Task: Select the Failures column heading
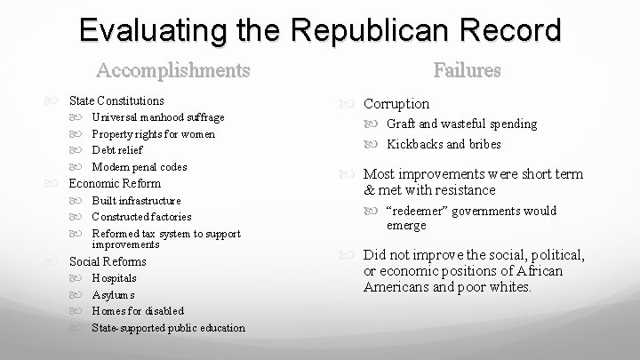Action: [467, 69]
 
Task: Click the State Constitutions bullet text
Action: [116, 101]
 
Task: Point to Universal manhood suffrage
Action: [157, 117]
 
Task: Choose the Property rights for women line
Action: [153, 134]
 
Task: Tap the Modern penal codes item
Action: [139, 167]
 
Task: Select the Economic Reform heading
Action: [115, 183]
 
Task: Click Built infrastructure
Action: [136, 201]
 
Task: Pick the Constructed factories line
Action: [141, 217]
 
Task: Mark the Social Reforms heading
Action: [108, 261]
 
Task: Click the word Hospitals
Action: [115, 278]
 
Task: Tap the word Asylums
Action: [113, 295]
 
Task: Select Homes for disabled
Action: [138, 311]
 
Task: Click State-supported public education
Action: [168, 328]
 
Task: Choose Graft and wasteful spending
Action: [461, 124]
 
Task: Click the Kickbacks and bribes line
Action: [444, 144]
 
